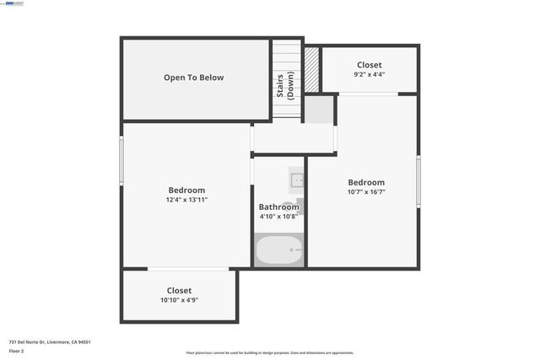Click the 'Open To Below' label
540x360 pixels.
pyautogui.click(x=193, y=78)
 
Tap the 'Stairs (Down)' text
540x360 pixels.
pyautogui.click(x=284, y=83)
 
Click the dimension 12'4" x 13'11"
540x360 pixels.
pyautogui.click(x=186, y=200)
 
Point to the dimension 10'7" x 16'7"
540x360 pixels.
pyautogui.click(x=366, y=193)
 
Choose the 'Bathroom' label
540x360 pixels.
pyautogui.click(x=278, y=207)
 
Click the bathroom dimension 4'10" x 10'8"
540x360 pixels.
pyautogui.click(x=278, y=217)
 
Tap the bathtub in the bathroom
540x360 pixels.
pyautogui.click(x=278, y=250)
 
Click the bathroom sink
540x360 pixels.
pyautogui.click(x=296, y=180)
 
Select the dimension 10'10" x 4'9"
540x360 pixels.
pyautogui.click(x=179, y=300)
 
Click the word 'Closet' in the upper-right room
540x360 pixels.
pyautogui.click(x=369, y=65)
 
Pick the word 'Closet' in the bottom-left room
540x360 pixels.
pyautogui.click(x=179, y=290)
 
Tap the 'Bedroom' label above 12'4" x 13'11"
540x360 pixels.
pyautogui.click(x=186, y=190)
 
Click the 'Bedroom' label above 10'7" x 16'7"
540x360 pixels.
pyautogui.click(x=366, y=182)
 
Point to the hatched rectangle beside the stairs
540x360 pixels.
pyautogui.click(x=311, y=69)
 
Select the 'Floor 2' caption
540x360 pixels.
pyautogui.click(x=17, y=352)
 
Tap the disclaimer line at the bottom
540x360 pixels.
pyautogui.click(x=270, y=352)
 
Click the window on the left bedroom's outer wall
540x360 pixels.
pyautogui.click(x=121, y=161)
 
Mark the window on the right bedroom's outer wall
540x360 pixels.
pyautogui.click(x=418, y=181)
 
